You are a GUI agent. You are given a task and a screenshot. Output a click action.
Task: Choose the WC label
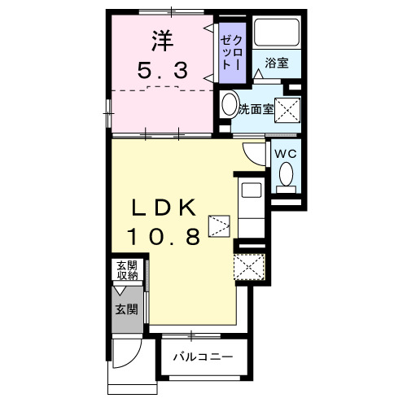(x=282, y=153)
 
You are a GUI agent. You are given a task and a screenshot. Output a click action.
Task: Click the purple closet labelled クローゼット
(x=230, y=53)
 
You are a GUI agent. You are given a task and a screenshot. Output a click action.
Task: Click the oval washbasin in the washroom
(x=229, y=105)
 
